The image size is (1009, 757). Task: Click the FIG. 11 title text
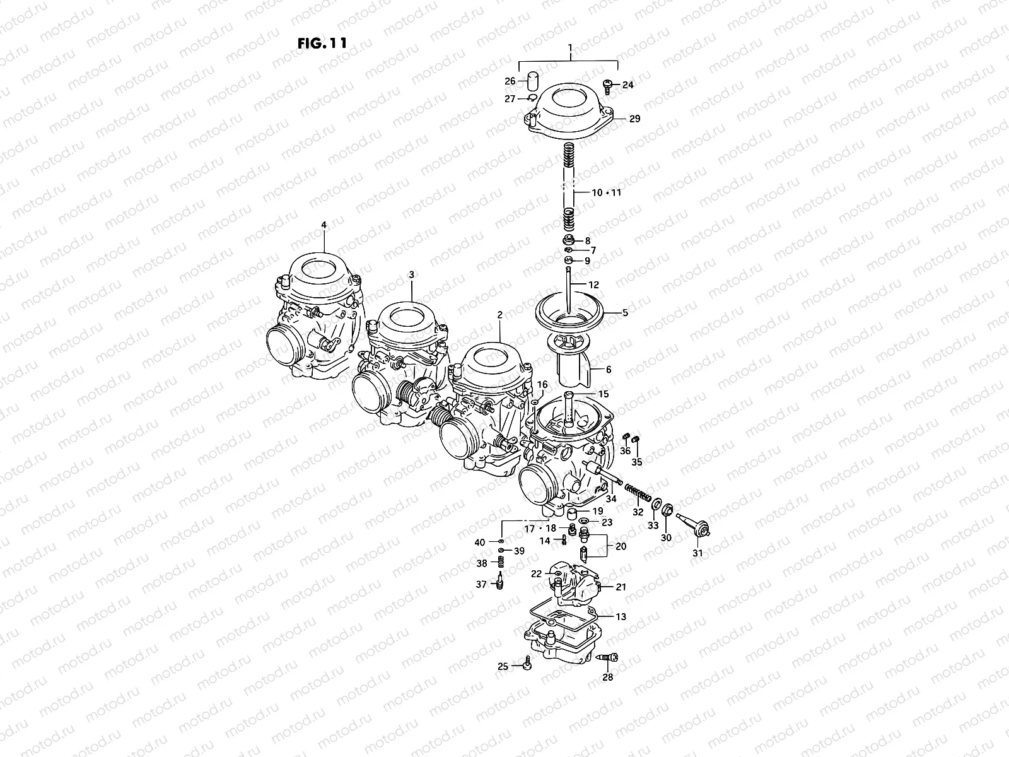coord(322,44)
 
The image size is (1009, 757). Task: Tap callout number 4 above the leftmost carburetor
coord(324,225)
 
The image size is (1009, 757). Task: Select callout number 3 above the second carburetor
coord(411,275)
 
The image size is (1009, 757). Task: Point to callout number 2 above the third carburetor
coord(499,314)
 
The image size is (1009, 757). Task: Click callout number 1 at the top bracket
coord(569,48)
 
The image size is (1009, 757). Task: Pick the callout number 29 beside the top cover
coord(634,119)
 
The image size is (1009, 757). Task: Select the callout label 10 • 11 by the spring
coord(606,192)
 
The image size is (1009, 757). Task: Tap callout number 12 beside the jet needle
coord(593,285)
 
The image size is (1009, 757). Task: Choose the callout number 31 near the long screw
coord(697,553)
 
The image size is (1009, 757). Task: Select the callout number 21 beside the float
coord(621,587)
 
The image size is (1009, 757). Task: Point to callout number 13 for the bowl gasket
coord(621,617)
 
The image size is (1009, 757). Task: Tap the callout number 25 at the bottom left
coord(503,667)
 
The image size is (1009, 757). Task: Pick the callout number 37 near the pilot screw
coord(481,585)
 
